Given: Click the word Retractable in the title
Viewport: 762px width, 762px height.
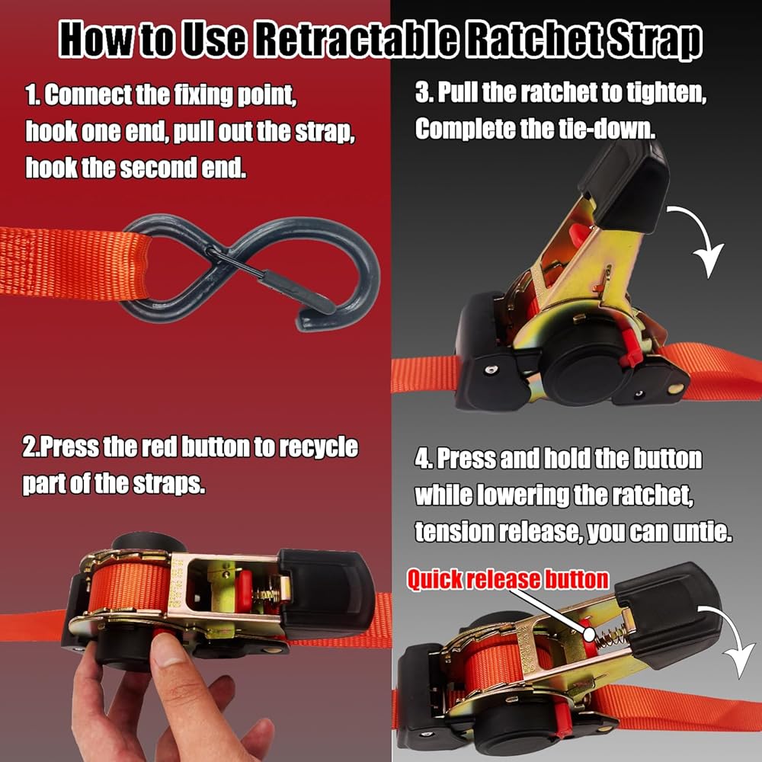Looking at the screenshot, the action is coord(356,39).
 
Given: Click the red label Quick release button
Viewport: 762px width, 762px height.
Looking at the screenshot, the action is coord(507,579).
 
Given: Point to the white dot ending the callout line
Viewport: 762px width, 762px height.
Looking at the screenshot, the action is coord(589,634).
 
